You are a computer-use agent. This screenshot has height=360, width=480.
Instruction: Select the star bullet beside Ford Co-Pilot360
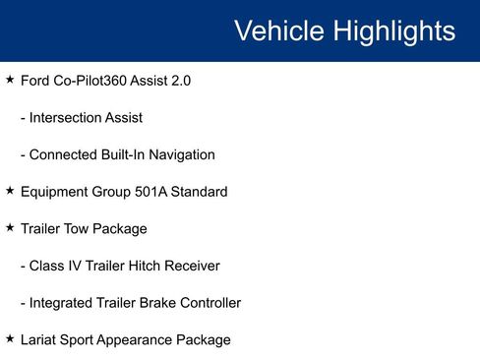10,80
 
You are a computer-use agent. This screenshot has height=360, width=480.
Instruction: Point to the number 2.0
180,81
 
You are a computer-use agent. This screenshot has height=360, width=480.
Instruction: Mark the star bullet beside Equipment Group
10,191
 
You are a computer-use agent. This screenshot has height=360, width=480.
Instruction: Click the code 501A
149,192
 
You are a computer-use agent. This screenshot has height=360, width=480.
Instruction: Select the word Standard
199,192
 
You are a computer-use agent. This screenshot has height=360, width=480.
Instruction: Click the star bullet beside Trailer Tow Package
10,227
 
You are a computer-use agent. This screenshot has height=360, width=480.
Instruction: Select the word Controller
207,303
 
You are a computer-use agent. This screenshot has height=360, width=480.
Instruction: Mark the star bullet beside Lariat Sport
10,338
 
